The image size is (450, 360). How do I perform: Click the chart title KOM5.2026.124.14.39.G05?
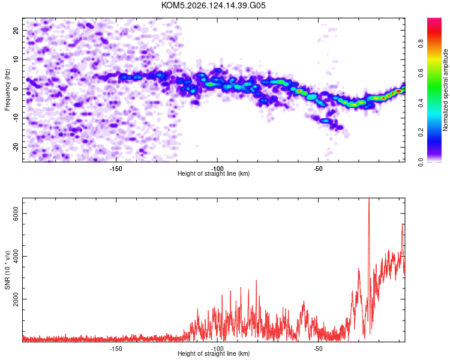pos(213,5)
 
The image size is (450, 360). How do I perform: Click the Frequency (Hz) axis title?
pos(7,90)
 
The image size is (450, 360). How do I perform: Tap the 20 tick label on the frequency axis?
pos(16,30)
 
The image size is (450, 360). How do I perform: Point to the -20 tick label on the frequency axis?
pos(16,147)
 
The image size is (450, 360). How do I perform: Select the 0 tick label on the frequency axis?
pos(16,89)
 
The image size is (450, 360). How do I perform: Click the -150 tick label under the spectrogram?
pos(116,169)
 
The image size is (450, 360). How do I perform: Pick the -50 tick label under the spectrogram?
pos(318,169)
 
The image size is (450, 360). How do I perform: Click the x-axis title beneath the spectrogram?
pos(214,173)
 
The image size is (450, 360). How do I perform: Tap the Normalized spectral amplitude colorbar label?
pos(445,90)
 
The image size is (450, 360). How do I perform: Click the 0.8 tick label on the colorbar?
pos(421,44)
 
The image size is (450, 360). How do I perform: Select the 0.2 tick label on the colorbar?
pos(421,133)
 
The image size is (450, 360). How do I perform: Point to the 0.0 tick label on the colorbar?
pos(421,162)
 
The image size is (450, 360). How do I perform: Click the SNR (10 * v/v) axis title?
pos(7,270)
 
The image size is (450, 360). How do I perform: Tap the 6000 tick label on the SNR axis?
pos(16,214)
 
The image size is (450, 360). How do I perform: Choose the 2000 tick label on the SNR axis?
pos(16,299)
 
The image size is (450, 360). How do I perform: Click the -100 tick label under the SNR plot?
pos(217,349)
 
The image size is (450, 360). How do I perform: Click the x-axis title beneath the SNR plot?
pos(214,353)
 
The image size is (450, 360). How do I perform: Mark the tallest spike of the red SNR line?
pos(369,199)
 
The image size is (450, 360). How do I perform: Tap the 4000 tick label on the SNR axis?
pos(16,256)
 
